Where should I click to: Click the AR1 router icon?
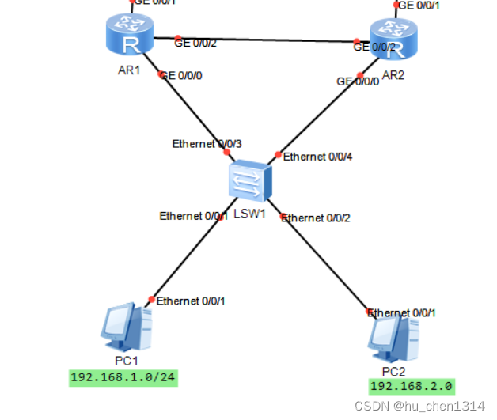tap(127, 36)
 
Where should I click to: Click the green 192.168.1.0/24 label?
tap(123, 376)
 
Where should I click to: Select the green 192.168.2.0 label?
tap(412, 386)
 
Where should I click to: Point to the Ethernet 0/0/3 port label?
tap(207, 143)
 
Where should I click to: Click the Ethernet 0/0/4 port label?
tap(317, 157)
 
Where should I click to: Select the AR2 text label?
tap(393, 75)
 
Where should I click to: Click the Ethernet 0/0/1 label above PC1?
tap(191, 301)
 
